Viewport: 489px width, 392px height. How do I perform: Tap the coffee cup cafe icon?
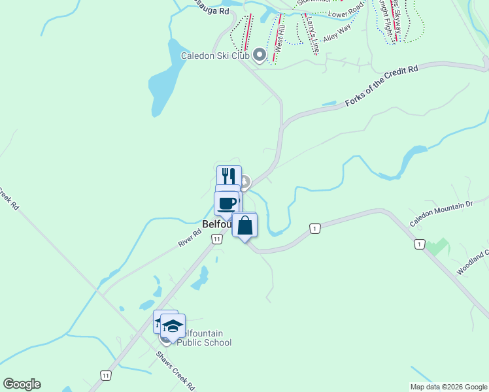click(228, 203)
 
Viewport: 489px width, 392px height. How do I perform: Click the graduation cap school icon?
click(173, 326)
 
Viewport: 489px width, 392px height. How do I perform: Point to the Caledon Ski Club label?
click(216, 56)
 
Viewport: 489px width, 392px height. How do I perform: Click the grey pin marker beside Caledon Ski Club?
click(260, 55)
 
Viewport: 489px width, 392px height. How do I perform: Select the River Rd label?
click(190, 237)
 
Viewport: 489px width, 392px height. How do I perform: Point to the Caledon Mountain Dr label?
click(441, 214)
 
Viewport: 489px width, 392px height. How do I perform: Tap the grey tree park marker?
click(244, 181)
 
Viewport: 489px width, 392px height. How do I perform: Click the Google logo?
click(22, 384)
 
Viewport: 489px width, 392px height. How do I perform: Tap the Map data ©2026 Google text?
click(448, 387)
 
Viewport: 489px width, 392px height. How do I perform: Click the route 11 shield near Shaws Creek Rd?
click(105, 375)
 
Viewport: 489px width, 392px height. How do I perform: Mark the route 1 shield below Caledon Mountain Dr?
click(418, 244)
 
